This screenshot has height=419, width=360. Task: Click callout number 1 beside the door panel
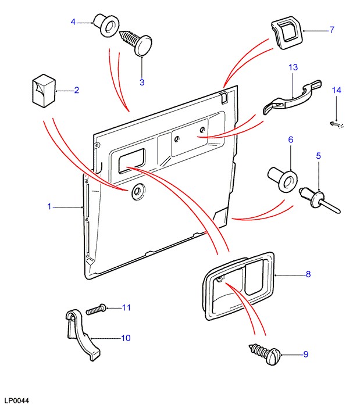click(x=49, y=206)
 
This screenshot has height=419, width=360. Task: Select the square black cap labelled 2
click(x=42, y=91)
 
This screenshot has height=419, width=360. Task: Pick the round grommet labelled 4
click(x=108, y=26)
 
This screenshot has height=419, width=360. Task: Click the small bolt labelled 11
click(x=96, y=309)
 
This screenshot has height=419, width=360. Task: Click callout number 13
click(x=293, y=68)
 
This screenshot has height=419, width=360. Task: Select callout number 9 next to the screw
click(x=305, y=354)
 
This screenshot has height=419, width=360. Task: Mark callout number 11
click(x=126, y=307)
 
